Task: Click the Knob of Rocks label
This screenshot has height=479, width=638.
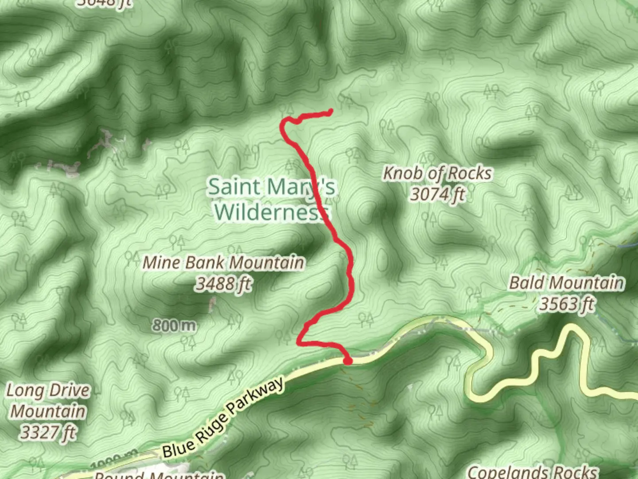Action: (437, 173)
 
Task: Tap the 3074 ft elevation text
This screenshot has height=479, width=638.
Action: (437, 194)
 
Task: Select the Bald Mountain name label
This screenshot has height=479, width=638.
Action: (567, 283)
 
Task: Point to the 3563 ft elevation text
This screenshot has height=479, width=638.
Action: (567, 304)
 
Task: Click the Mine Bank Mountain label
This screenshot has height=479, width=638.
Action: (223, 263)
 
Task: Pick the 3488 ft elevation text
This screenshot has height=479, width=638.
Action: (223, 283)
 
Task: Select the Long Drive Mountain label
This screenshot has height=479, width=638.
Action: (48, 401)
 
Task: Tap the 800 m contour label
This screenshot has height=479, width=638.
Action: (174, 326)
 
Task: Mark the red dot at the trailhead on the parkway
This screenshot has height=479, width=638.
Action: (348, 361)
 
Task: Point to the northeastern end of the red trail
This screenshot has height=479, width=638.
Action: (331, 111)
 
